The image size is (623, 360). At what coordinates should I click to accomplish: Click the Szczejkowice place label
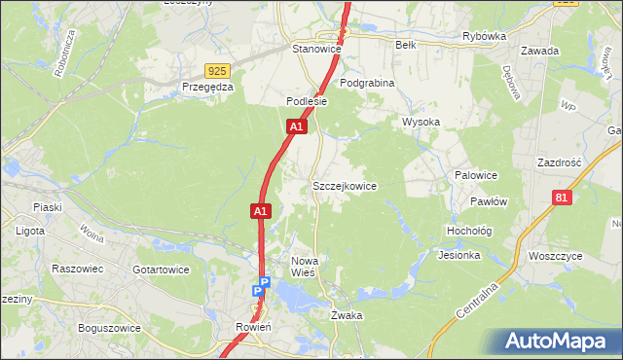pyautogui.click(x=344, y=185)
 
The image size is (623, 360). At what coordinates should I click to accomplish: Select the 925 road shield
pyautogui.click(x=218, y=70)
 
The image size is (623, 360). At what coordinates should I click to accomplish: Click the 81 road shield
pyautogui.click(x=560, y=198)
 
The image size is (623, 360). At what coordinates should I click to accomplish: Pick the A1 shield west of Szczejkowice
pyautogui.click(x=260, y=209)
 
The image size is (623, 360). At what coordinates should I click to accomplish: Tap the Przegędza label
pyautogui.click(x=207, y=86)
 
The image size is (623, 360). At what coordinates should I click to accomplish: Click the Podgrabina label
pyautogui.click(x=367, y=83)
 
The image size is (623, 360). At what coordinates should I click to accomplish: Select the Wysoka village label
pyautogui.click(x=421, y=122)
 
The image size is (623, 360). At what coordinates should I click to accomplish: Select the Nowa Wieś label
pyautogui.click(x=311, y=267)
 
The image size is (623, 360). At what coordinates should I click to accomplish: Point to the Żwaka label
pyautogui.click(x=347, y=315)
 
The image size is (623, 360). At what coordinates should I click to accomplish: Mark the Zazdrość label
pyautogui.click(x=559, y=162)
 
